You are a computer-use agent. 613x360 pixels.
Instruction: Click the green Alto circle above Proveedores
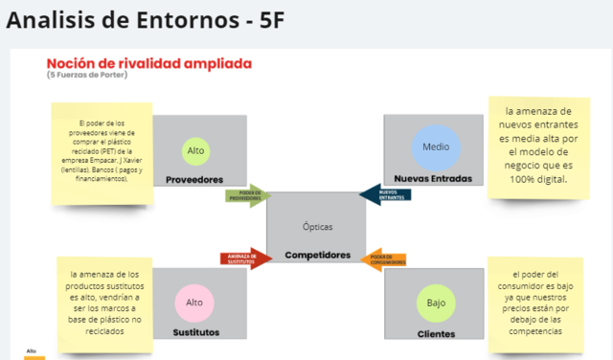[x=196, y=150]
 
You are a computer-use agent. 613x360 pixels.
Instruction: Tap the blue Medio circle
[x=430, y=147]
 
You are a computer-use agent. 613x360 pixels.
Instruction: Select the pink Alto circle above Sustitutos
[x=194, y=303]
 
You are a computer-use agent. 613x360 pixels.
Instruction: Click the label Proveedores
[x=194, y=179]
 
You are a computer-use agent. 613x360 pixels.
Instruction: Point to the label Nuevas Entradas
[x=432, y=179]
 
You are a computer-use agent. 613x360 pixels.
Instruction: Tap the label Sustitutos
[x=194, y=332]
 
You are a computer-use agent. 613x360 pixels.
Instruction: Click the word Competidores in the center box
[x=317, y=256]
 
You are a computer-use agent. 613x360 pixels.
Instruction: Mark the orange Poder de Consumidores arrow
[x=387, y=259]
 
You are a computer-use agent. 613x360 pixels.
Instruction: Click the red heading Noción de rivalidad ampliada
[x=148, y=63]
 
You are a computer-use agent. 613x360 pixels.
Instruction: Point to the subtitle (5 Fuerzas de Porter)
[x=87, y=76]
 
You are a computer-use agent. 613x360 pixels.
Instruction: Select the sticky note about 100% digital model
[x=537, y=146]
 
